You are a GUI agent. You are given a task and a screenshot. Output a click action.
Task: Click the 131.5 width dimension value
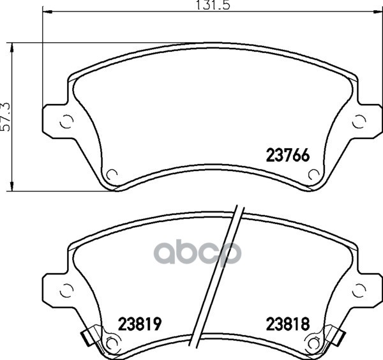213,5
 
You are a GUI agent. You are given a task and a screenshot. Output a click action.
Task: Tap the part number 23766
288,155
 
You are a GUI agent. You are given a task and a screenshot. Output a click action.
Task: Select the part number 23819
140,324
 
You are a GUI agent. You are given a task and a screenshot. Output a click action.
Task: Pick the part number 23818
288,324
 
